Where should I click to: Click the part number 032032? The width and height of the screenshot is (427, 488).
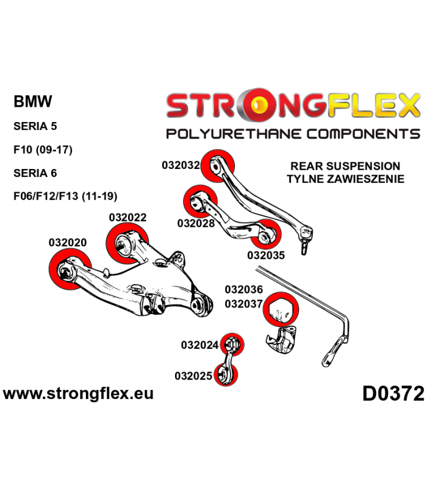click(181, 165)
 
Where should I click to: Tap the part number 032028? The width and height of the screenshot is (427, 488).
click(196, 223)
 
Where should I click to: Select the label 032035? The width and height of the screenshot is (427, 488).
click(266, 255)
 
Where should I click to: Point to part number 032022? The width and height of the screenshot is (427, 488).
click(127, 217)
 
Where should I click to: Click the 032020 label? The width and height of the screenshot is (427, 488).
click(68, 242)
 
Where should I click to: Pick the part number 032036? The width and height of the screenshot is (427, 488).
click(244, 289)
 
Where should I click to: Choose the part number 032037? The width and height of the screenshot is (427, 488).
click(244, 303)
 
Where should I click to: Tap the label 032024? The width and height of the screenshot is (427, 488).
click(200, 345)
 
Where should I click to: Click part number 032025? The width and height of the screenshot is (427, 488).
click(193, 376)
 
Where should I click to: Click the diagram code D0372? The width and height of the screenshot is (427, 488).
click(393, 393)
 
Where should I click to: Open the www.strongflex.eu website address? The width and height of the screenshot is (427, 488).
click(78, 393)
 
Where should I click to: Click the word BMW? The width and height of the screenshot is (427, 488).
click(33, 101)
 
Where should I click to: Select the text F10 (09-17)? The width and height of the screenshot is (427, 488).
click(43, 149)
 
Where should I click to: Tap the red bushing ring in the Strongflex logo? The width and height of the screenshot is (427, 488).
click(258, 104)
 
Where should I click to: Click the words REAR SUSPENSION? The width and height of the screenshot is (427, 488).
click(345, 166)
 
